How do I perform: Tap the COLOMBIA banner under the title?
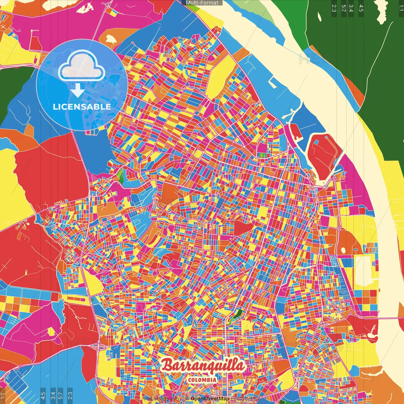click(x=202, y=380)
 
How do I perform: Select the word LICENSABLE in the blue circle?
click(x=82, y=107)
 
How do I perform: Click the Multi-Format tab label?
click(x=202, y=3)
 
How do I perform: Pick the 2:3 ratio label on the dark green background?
click(x=334, y=8)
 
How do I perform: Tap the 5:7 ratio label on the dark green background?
click(x=343, y=8)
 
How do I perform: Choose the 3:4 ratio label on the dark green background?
click(x=351, y=8)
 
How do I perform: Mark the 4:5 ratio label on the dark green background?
click(x=361, y=8)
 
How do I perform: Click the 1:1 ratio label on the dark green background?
click(x=401, y=8)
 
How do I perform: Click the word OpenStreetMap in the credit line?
click(x=210, y=399)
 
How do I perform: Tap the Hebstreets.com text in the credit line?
click(x=162, y=399)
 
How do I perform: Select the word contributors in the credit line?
click(x=245, y=399)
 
